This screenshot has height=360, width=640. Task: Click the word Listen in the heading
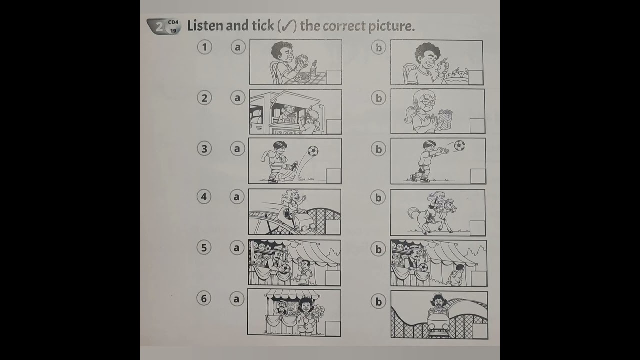[205, 26]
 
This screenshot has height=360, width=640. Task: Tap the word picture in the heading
[391, 26]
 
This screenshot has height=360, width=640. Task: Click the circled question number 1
[204, 47]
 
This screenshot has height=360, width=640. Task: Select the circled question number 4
[204, 196]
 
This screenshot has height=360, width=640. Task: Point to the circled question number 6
[203, 298]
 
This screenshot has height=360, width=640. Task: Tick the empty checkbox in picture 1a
[333, 77]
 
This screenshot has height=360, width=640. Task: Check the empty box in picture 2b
[477, 125]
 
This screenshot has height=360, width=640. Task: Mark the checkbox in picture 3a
[333, 176]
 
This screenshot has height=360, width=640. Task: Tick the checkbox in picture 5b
[478, 278]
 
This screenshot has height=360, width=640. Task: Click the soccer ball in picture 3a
[313, 151]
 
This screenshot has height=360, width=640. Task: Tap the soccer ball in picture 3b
[459, 146]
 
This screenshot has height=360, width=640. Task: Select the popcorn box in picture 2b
[443, 119]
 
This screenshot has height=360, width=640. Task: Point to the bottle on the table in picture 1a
[313, 68]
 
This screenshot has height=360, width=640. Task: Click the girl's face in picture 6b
[438, 301]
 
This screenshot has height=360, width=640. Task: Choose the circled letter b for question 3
[378, 149]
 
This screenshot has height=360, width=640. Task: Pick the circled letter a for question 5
[237, 248]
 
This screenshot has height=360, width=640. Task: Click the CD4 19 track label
[173, 26]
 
